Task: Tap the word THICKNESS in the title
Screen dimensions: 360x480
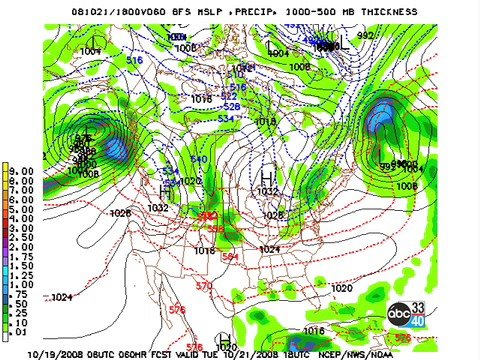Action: (x=387, y=11)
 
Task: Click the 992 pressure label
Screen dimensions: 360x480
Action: (x=364, y=35)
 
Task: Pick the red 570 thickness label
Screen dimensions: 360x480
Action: (x=204, y=286)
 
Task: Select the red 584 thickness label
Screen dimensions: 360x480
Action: (x=231, y=256)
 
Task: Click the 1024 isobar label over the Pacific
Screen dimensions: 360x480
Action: (x=61, y=297)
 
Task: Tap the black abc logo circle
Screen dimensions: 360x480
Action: (x=399, y=313)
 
